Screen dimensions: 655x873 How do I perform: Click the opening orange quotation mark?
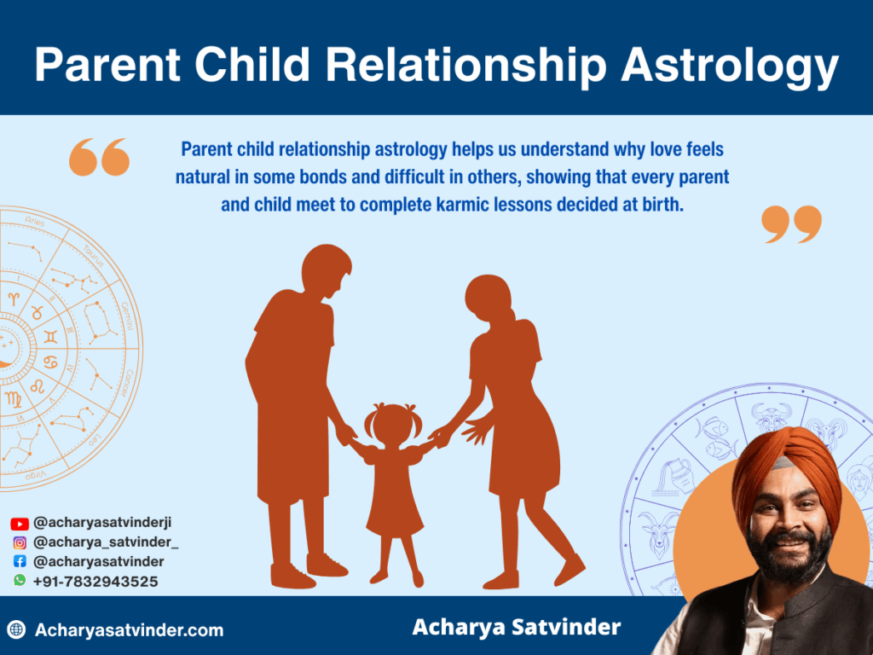click(99, 157)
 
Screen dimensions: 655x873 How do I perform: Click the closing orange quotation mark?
click(791, 223)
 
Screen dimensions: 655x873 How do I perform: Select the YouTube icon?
click(20, 524)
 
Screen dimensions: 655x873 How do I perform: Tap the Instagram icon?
click(20, 542)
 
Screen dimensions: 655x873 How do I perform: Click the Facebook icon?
click(20, 562)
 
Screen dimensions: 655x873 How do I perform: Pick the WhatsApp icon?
click(20, 581)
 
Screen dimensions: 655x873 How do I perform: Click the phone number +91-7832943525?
click(95, 582)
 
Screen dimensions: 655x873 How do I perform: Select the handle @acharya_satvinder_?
click(105, 542)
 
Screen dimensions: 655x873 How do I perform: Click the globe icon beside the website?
click(16, 630)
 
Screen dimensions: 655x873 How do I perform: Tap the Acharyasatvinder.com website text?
click(129, 630)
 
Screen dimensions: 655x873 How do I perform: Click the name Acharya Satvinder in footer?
click(516, 628)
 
